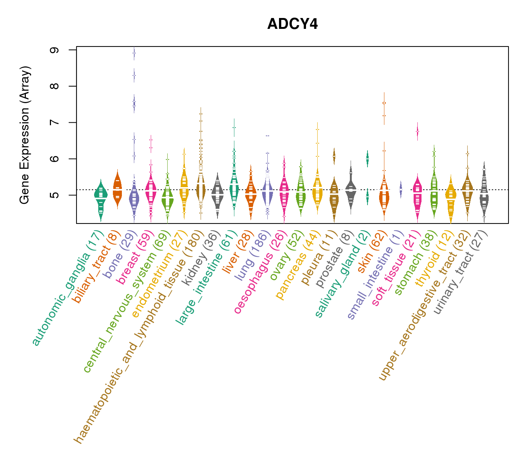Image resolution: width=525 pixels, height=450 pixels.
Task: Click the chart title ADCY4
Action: click(292, 24)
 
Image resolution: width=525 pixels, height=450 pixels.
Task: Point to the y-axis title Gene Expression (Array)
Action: click(25, 135)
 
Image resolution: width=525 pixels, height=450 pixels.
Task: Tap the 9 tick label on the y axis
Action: click(54, 50)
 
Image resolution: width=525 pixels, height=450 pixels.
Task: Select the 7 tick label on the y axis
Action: click(54, 123)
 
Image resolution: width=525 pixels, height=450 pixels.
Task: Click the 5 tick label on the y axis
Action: click(54, 195)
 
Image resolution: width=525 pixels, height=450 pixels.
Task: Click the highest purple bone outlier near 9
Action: click(134, 53)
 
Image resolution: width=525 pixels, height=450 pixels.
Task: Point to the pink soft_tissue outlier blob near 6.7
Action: click(417, 132)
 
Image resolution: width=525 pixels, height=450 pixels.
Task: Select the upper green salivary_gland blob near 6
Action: click(367, 159)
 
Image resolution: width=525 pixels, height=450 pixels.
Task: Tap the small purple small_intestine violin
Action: click(401, 189)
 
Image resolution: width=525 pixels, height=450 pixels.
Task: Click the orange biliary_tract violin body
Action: click(117, 189)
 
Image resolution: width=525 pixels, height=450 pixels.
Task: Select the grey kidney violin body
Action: click(217, 193)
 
